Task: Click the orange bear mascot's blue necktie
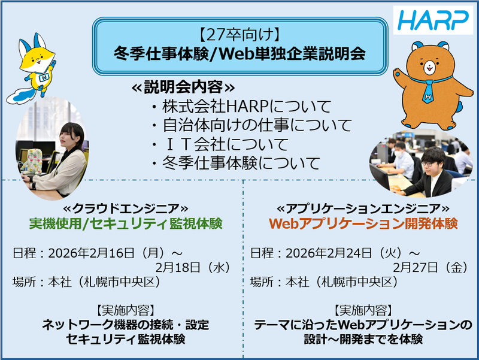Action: point(428,89)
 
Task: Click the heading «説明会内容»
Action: point(179,87)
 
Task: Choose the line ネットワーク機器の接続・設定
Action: point(126,326)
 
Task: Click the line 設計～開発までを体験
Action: point(363,340)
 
